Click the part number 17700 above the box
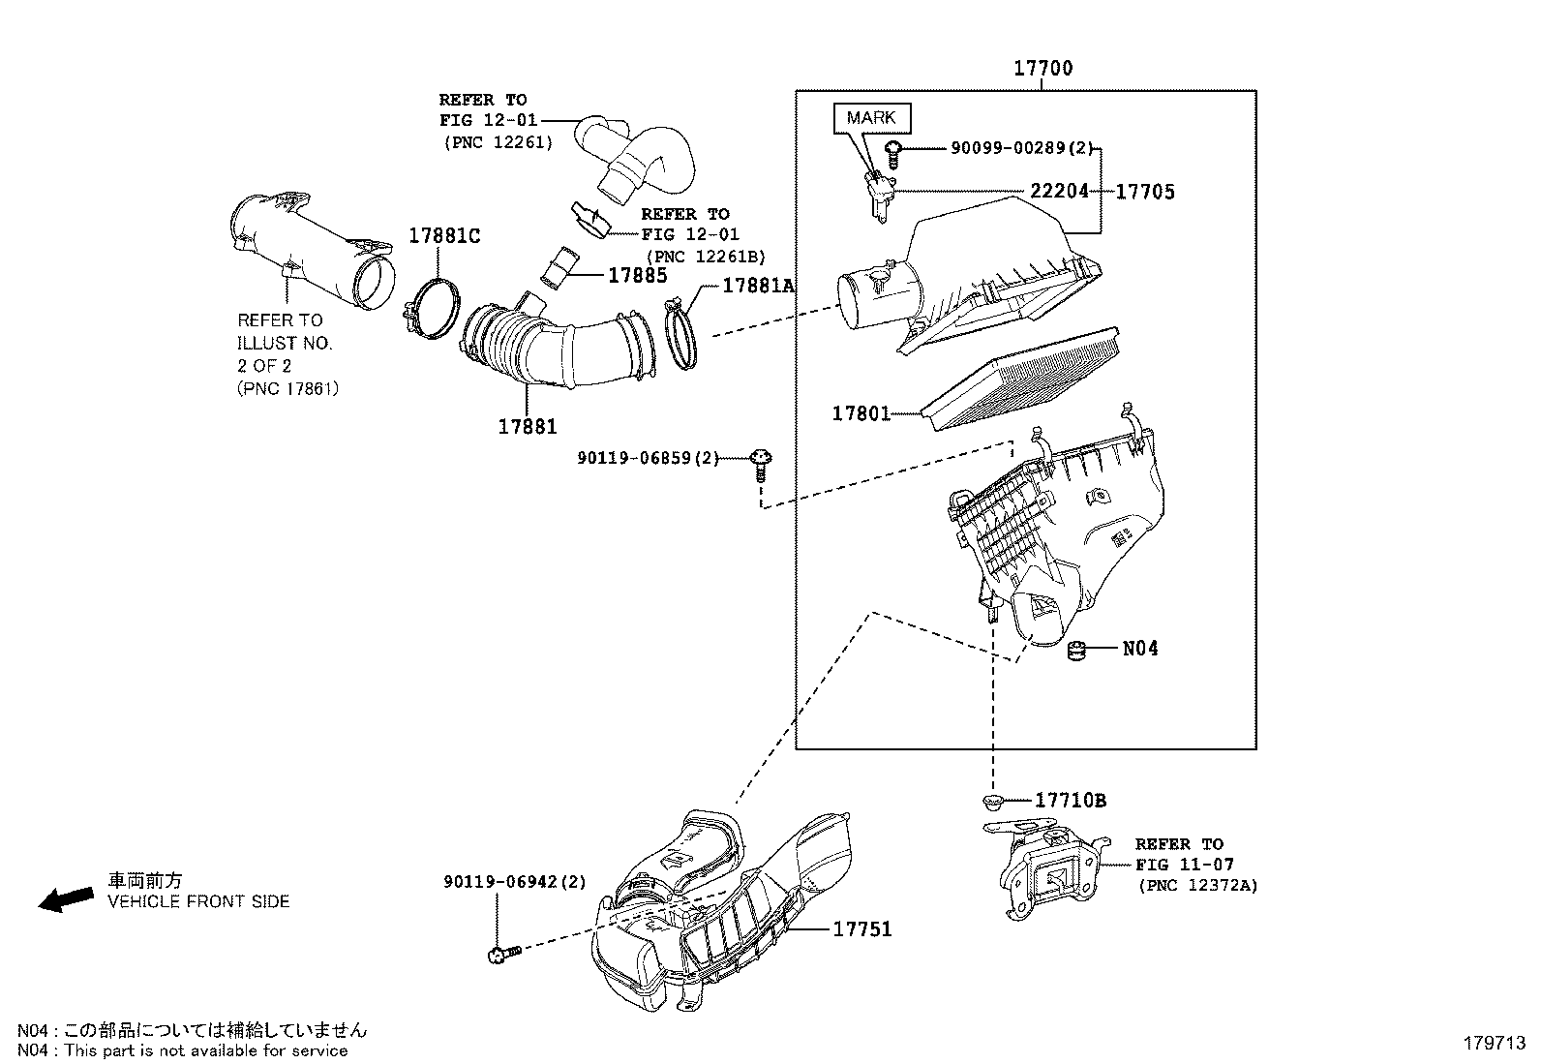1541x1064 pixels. pyautogui.click(x=1042, y=69)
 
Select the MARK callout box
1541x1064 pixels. pyautogui.click(x=871, y=118)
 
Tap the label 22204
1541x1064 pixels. pyautogui.click(x=1059, y=192)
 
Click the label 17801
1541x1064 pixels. pyautogui.click(x=861, y=413)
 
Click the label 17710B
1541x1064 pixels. pyautogui.click(x=1070, y=801)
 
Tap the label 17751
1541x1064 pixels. pyautogui.click(x=862, y=929)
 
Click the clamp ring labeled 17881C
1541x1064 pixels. pyautogui.click(x=431, y=310)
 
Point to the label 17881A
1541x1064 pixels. pyautogui.click(x=758, y=286)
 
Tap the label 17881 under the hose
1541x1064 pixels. pyautogui.click(x=528, y=426)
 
